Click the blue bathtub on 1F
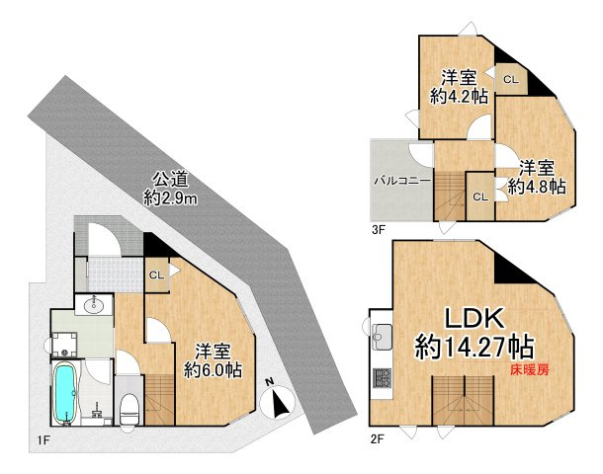click(x=64, y=394)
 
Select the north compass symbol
click(x=277, y=400)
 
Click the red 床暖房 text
click(x=530, y=369)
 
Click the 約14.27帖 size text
click(x=474, y=347)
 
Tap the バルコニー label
click(x=402, y=181)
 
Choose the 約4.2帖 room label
click(x=459, y=96)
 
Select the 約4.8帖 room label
click(x=537, y=187)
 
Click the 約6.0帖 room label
click(x=213, y=370)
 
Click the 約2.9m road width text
click(x=170, y=198)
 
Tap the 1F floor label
click(x=43, y=439)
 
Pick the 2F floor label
click(x=378, y=439)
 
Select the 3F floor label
click(x=379, y=230)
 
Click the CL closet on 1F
click(x=156, y=276)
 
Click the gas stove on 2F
click(x=382, y=377)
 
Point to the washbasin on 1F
click(x=94, y=305)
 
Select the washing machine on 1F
click(x=64, y=344)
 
